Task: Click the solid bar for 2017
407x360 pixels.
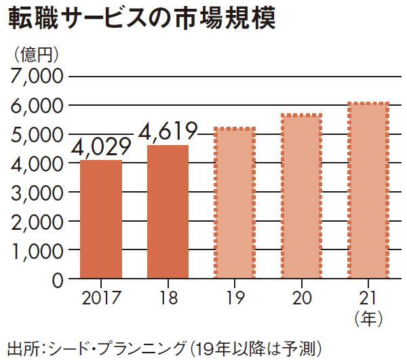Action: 101,219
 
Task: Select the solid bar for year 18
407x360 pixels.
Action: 168,212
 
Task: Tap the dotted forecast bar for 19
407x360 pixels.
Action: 235,203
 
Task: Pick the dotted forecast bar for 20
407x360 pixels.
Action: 301,196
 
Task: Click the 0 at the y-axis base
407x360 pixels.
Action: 57,279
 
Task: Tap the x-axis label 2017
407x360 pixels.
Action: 100,298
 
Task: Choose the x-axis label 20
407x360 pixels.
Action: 301,298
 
